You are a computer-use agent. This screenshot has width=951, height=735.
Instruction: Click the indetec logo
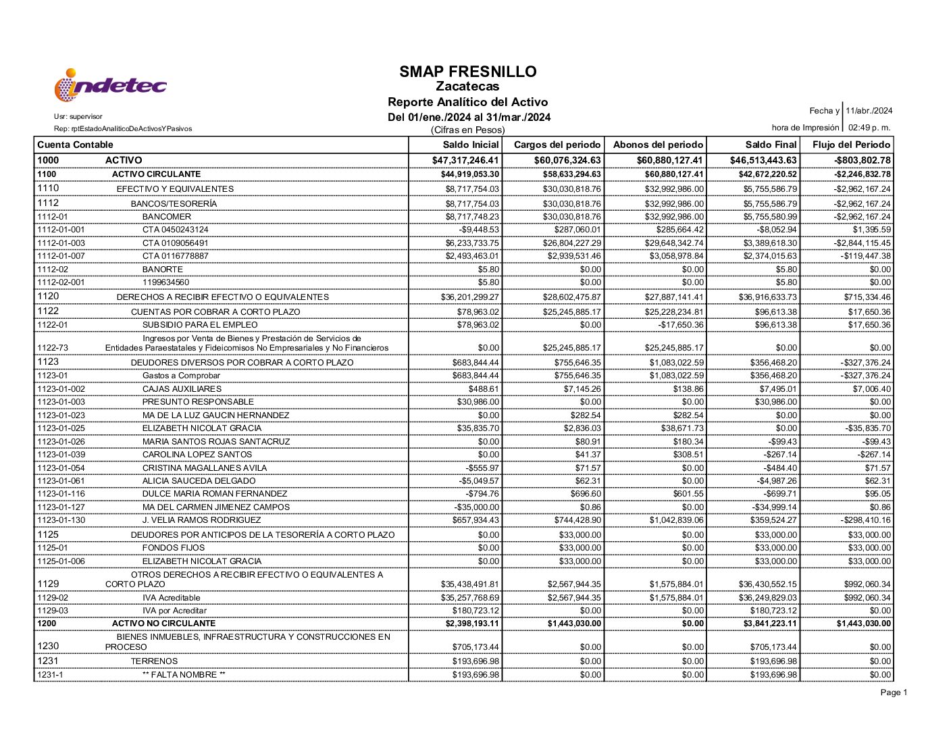pyautogui.click(x=110, y=86)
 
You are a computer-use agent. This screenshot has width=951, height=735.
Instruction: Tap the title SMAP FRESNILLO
pyautogui.click(x=467, y=72)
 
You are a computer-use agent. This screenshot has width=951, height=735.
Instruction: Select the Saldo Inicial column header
pyautogui.click(x=471, y=145)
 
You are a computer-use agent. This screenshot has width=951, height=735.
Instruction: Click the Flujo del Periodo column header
pyautogui.click(x=851, y=145)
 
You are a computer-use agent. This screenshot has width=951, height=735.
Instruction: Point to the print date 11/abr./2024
pyautogui.click(x=869, y=111)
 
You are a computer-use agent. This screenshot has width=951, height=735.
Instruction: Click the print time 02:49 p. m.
pyautogui.click(x=869, y=128)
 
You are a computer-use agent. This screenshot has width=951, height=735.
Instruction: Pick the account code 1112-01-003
pyautogui.click(x=61, y=243)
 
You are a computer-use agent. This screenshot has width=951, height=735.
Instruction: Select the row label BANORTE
pyautogui.click(x=162, y=270)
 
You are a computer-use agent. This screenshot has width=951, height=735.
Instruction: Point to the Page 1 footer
pyautogui.click(x=894, y=692)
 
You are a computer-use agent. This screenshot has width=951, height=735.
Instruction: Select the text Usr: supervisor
pyautogui.click(x=78, y=117)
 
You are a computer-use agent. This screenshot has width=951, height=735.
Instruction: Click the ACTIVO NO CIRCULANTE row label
pyautogui.click(x=163, y=624)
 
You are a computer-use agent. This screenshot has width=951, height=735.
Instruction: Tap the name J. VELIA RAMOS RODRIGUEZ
pyautogui.click(x=201, y=520)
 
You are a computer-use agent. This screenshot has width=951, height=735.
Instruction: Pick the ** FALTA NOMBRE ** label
pyautogui.click(x=184, y=675)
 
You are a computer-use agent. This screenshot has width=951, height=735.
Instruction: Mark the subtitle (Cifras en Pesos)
pyautogui.click(x=467, y=130)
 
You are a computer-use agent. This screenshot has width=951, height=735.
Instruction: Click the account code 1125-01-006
pyautogui.click(x=61, y=561)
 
